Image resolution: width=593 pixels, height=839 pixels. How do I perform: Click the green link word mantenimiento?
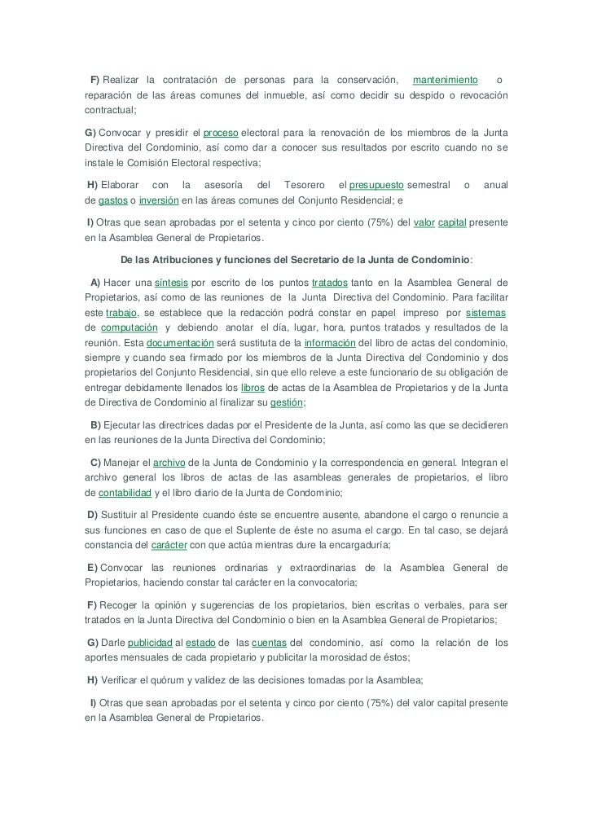(x=445, y=80)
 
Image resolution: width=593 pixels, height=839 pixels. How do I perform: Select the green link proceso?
(x=221, y=133)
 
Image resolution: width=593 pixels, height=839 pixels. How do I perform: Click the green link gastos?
(x=113, y=200)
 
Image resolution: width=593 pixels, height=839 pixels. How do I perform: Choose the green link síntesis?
(x=171, y=283)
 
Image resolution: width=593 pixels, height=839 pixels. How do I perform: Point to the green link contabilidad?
(x=125, y=493)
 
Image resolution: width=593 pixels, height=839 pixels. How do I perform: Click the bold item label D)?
(x=91, y=515)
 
